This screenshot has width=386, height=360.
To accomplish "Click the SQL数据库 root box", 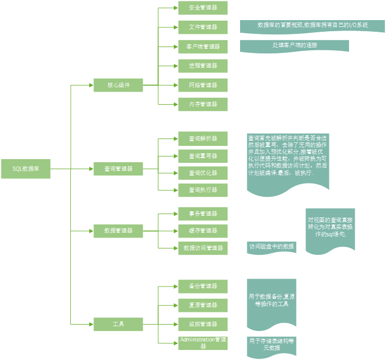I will (26, 169).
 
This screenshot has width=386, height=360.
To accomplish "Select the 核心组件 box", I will (118, 85).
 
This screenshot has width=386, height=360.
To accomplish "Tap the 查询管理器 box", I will (118, 169).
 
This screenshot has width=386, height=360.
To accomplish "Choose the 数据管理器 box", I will (118, 230).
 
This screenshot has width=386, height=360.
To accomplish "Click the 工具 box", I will (118, 324).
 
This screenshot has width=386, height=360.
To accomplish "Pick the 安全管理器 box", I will (203, 8).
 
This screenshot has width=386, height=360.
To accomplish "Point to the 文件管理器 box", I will (203, 27).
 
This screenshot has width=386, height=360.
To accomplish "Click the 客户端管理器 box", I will (203, 47).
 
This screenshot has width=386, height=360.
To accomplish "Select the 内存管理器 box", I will (203, 104).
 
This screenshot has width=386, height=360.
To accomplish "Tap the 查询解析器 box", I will (203, 139).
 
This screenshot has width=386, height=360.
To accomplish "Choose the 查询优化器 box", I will (203, 173).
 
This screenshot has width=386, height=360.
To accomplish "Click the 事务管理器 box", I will (203, 214).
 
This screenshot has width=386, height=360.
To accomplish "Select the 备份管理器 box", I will (203, 286).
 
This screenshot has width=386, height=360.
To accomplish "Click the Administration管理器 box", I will (203, 343).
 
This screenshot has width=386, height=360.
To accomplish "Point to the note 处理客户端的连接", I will (295, 46).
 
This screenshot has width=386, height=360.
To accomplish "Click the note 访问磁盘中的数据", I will (272, 247).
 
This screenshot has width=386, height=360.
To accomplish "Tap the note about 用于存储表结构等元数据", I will (272, 345).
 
